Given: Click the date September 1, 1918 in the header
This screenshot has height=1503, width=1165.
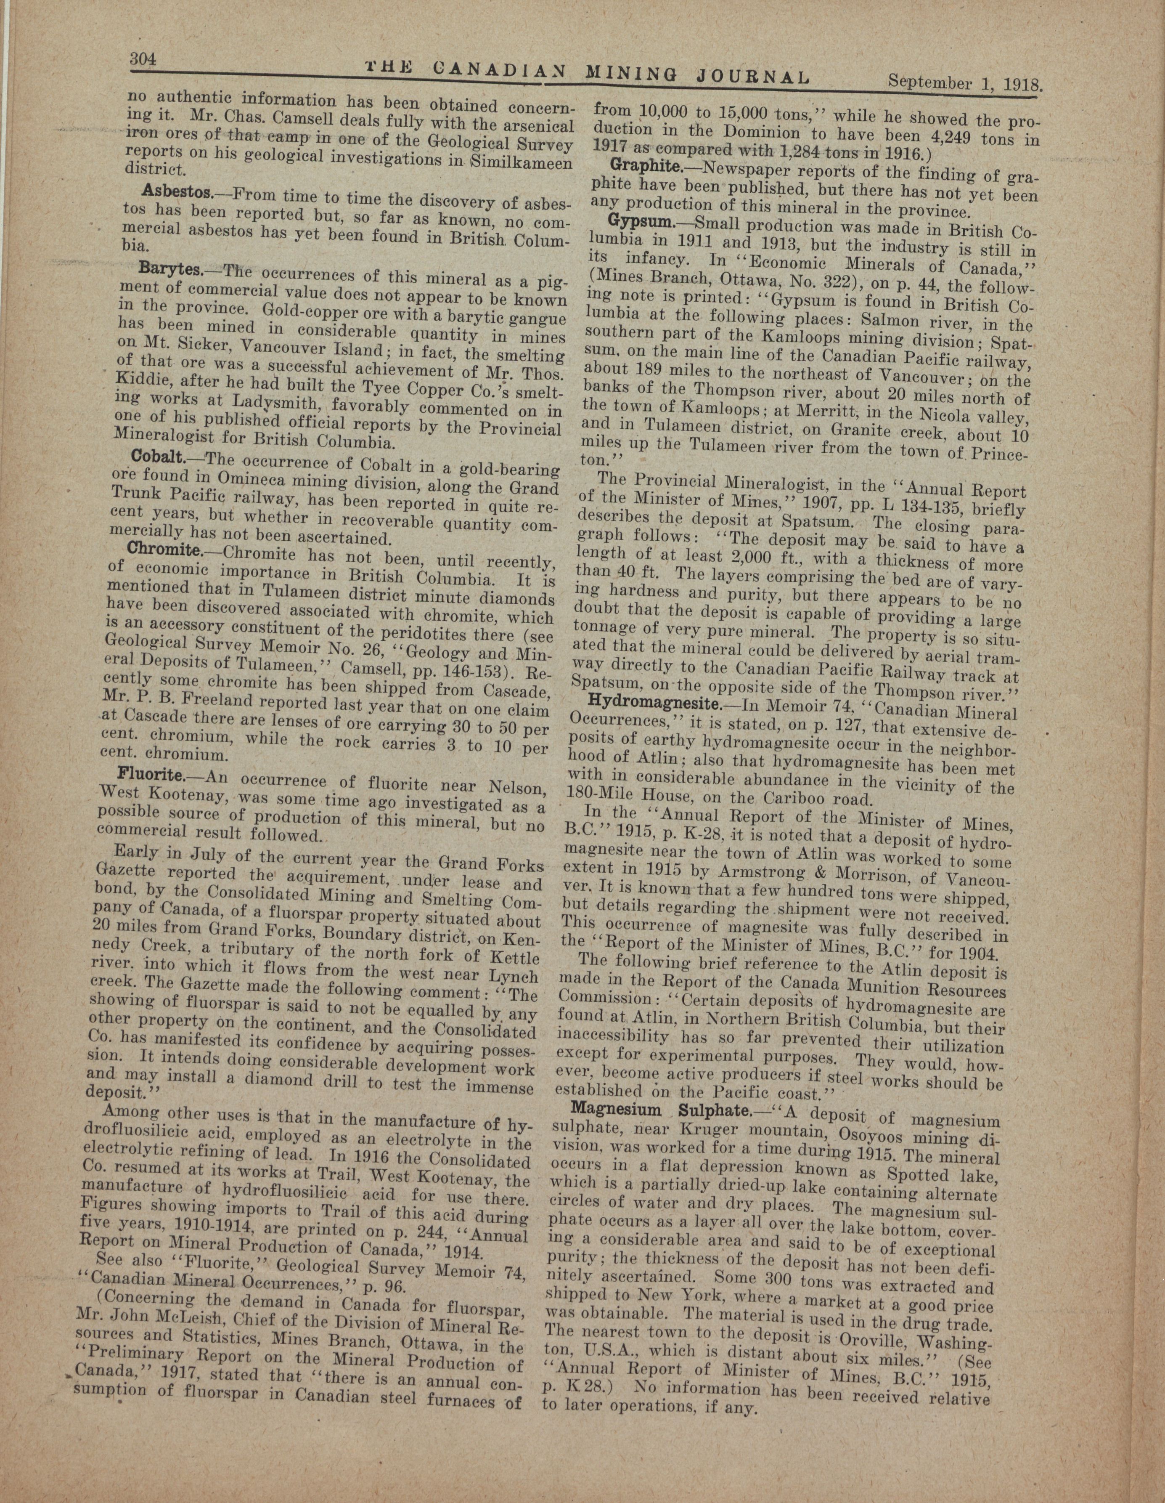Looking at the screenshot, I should (x=966, y=83).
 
